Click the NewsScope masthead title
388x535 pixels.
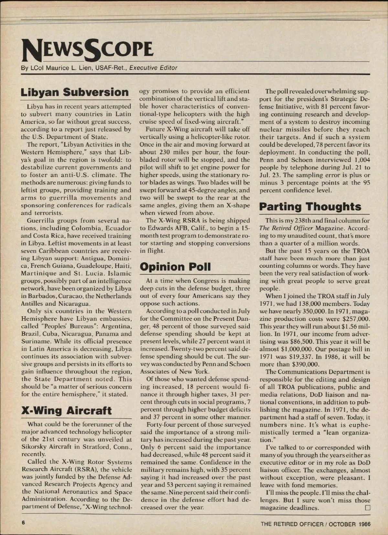[x=87, y=50]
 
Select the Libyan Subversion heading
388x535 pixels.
[x=75, y=92]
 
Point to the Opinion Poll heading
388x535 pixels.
[x=175, y=267]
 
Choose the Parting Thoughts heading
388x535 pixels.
[x=310, y=207]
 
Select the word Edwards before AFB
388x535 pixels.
[x=159, y=228]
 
